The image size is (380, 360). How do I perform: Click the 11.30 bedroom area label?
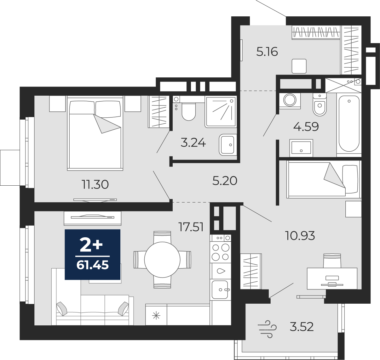[95, 184]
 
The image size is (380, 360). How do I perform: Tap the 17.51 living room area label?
[191, 227]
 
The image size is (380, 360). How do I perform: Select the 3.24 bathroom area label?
[193, 143]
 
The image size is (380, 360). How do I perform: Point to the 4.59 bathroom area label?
[306, 127]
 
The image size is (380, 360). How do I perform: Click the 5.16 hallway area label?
[267, 52]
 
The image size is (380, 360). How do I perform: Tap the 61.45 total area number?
[93, 265]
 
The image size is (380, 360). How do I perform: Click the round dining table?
[162, 260]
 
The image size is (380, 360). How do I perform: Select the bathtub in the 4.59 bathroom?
[349, 124]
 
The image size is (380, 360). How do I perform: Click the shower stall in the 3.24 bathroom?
[221, 112]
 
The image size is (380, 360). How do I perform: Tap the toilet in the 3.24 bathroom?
[189, 112]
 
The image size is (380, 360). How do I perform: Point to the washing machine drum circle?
[290, 100]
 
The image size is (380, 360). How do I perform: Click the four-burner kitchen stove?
[221, 252]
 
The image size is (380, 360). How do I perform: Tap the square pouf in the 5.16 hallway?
[299, 66]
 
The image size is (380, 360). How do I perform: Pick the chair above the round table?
[162, 237]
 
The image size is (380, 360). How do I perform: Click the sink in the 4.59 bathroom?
[301, 148]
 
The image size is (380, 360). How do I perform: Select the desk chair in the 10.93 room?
[332, 261]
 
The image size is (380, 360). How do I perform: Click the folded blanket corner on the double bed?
[107, 124]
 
